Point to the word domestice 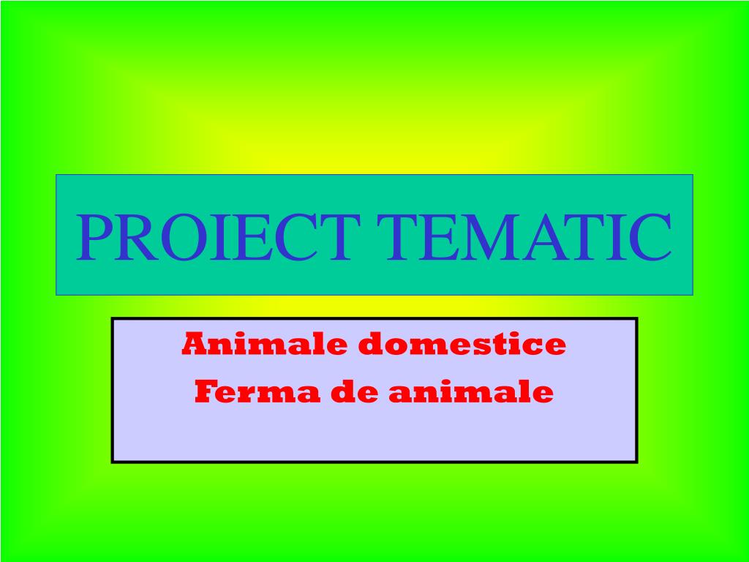pos(462,343)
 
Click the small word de pos(356,393)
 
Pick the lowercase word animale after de pos(471,393)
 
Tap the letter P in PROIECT pos(94,237)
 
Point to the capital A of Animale pos(195,343)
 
